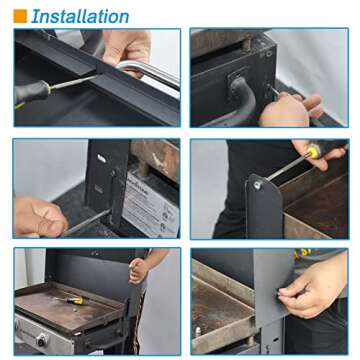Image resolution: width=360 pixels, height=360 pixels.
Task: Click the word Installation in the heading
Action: [x=80, y=16]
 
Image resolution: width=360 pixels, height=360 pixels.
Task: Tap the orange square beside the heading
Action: [x=20, y=16]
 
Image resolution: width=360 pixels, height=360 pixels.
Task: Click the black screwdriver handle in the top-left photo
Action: [x=31, y=94]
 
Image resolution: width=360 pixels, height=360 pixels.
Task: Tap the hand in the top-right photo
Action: [x=290, y=108]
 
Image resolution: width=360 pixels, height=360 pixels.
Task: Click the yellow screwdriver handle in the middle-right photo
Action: [x=314, y=152]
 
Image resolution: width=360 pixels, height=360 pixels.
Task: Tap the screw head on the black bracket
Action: [x=258, y=185]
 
